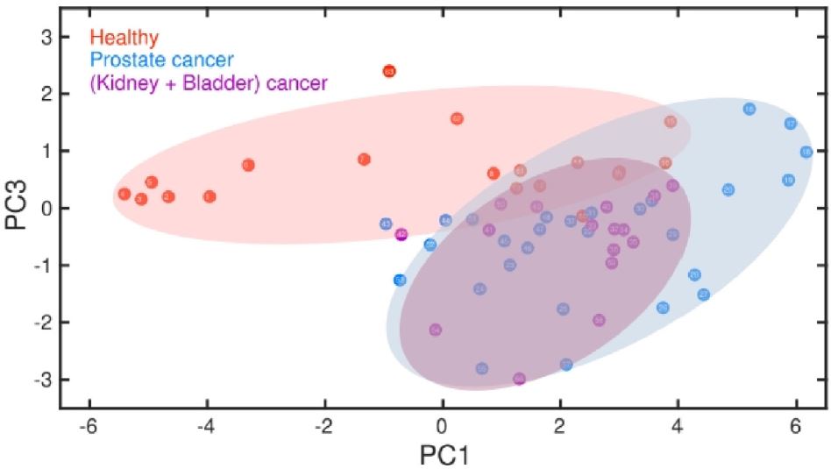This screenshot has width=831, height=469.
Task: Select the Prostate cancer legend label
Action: click(x=161, y=60)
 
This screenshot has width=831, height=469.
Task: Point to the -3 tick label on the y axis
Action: click(x=43, y=380)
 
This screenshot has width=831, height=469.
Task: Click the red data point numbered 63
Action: click(x=390, y=71)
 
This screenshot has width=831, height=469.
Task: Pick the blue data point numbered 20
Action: click(x=728, y=189)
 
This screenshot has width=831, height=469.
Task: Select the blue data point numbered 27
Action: click(x=703, y=295)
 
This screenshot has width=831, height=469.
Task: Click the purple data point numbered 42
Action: click(x=401, y=234)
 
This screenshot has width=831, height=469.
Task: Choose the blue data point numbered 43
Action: click(x=386, y=224)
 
